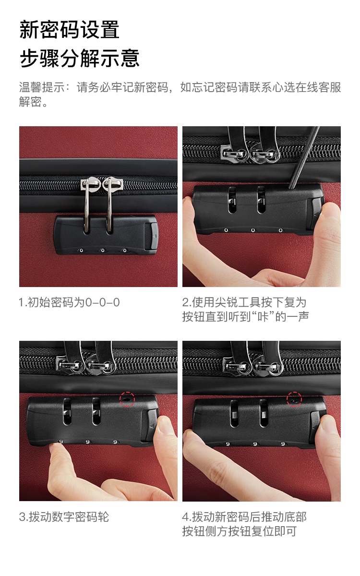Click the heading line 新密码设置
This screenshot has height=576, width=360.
[70, 30]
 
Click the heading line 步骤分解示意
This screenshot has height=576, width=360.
[80, 58]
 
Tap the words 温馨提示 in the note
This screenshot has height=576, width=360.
[42, 87]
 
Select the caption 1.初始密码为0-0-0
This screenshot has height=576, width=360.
[70, 302]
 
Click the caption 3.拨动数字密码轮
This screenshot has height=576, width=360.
[64, 517]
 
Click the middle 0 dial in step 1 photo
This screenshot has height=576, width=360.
[103, 250]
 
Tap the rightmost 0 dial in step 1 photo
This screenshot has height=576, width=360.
[124, 250]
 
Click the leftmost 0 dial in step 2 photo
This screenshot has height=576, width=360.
[226, 230]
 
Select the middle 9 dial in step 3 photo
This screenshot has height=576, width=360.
[88, 442]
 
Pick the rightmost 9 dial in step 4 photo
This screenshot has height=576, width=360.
[283, 444]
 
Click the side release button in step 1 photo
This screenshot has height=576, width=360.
[151, 236]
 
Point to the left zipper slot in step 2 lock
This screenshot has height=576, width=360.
[232, 200]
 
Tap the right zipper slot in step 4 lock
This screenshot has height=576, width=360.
[264, 413]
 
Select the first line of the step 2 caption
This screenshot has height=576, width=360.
[244, 302]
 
